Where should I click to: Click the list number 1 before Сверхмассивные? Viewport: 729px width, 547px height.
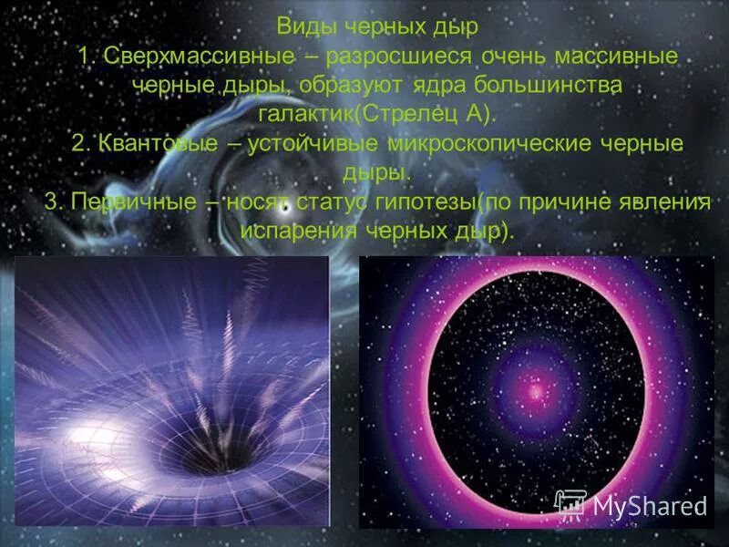(86, 57)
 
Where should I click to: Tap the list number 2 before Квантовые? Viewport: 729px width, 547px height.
(79, 143)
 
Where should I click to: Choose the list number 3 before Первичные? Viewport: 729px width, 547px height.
(52, 200)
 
